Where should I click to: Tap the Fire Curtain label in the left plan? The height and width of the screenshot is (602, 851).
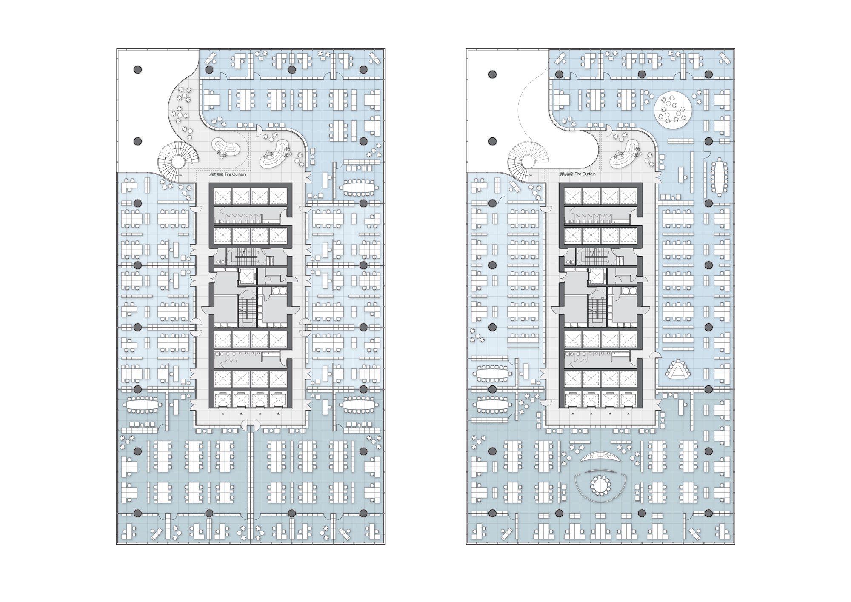227,174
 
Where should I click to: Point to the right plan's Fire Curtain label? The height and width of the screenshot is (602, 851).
577,174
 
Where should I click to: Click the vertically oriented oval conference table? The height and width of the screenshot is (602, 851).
719,177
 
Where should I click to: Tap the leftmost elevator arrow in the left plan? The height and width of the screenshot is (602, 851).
222,414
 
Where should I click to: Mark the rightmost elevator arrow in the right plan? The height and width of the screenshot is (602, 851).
628,414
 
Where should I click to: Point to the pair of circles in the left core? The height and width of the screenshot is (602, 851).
278,291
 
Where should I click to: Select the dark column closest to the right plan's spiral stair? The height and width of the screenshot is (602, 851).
492,142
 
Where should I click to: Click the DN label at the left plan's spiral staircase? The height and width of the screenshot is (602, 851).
180,175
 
